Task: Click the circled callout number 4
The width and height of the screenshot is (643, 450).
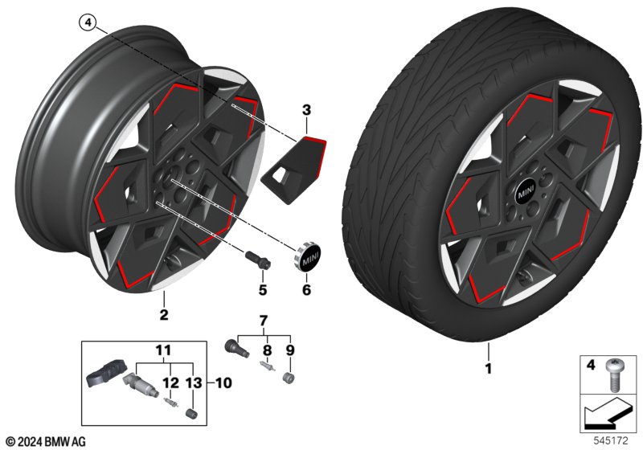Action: click(x=86, y=23)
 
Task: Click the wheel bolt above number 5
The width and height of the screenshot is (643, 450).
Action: click(x=257, y=259)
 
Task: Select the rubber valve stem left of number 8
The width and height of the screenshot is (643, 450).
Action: click(x=233, y=350)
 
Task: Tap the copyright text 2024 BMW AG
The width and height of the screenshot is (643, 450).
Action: click(x=45, y=441)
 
